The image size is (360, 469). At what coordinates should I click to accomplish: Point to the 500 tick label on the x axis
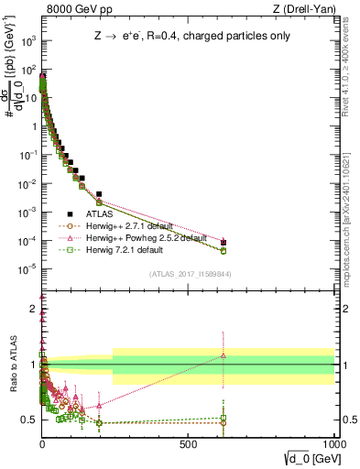[x=189, y=442]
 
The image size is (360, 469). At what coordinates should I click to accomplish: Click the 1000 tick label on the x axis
[x=333, y=442]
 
